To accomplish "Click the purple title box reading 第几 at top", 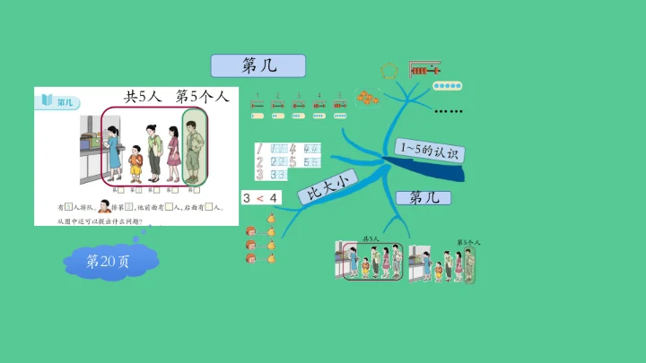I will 258,65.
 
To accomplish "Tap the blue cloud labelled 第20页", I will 109,261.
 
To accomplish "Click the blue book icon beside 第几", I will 45,101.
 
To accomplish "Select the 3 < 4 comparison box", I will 260,197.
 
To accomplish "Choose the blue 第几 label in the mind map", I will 430,197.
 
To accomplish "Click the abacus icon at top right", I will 425,69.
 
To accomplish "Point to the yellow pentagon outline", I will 389,70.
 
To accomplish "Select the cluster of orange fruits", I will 366,98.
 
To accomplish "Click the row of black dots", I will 448,112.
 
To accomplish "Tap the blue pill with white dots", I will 447,87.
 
